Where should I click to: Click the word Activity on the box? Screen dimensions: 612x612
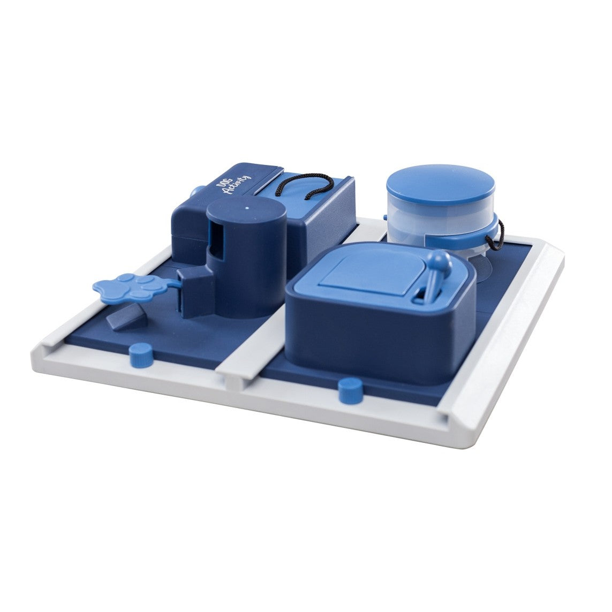tap(236, 184)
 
